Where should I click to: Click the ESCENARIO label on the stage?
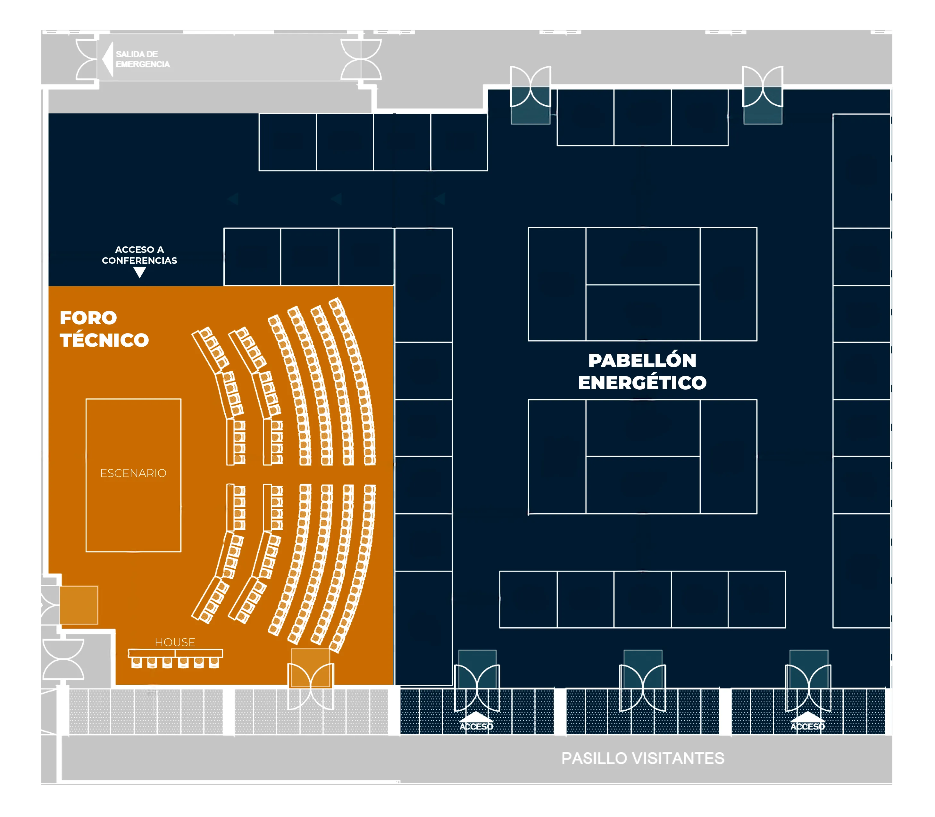(x=133, y=473)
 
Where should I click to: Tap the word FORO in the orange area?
(x=88, y=318)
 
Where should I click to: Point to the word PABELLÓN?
(x=642, y=360)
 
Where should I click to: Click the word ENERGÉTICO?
(x=642, y=383)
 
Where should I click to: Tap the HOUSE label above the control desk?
(x=175, y=642)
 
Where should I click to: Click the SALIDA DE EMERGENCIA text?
(x=142, y=59)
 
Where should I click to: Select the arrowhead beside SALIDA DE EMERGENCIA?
(x=108, y=59)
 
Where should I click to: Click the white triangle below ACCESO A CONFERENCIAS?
(x=139, y=273)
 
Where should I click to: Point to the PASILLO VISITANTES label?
(x=643, y=758)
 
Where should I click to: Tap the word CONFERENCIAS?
(x=139, y=261)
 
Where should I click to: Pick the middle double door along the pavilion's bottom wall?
(x=643, y=688)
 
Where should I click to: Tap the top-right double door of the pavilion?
(x=763, y=87)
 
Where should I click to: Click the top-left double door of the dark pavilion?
(x=530, y=87)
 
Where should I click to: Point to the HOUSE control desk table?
(x=175, y=653)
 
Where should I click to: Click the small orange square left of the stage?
(x=79, y=605)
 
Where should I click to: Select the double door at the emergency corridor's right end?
(x=361, y=59)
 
